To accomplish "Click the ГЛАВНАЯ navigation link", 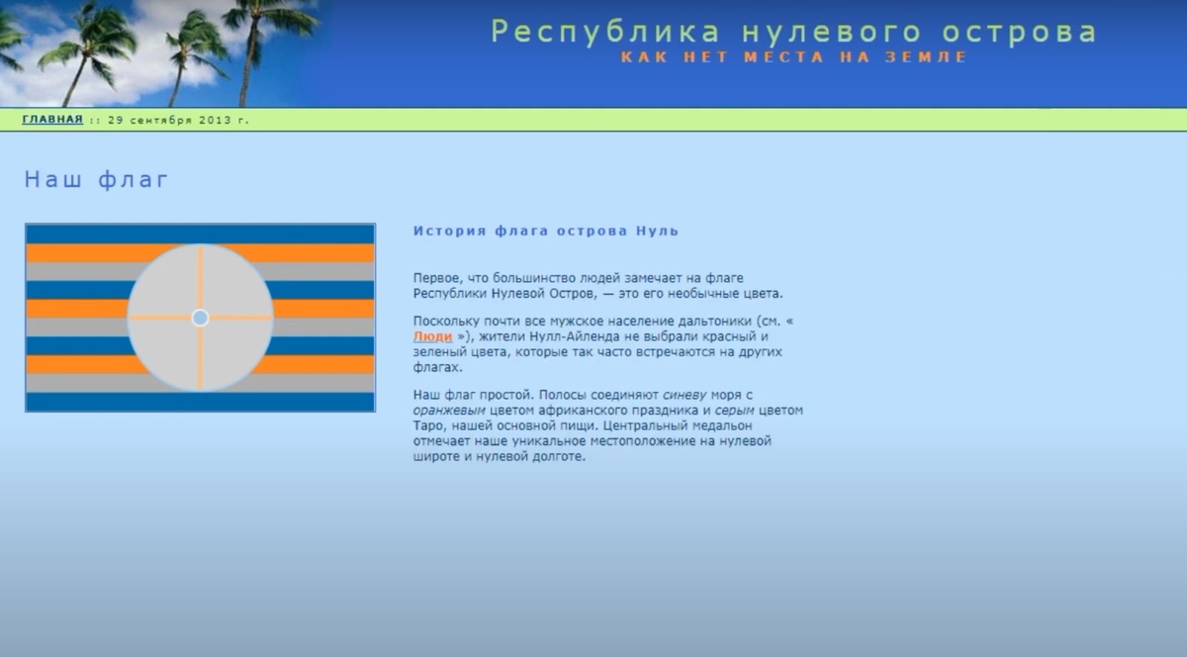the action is [52, 120].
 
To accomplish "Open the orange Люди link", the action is [433, 336].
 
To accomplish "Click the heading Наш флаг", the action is [96, 179].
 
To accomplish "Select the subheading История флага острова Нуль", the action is [546, 231].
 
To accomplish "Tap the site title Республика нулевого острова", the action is [793, 32].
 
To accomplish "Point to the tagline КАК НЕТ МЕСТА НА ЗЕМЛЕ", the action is [793, 56].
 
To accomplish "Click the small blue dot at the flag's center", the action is [200, 318].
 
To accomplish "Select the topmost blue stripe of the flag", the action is [200, 235].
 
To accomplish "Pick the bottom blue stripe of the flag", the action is [200, 402].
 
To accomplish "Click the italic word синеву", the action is [685, 395].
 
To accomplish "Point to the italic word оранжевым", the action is [449, 411].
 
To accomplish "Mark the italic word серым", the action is [734, 411].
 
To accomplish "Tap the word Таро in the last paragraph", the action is [427, 425].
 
